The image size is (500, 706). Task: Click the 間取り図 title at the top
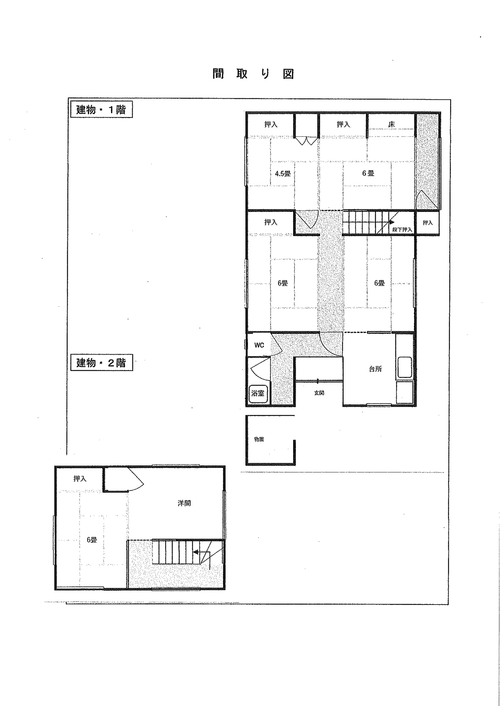pyautogui.click(x=253, y=74)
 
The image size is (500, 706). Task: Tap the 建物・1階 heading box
pyautogui.click(x=101, y=110)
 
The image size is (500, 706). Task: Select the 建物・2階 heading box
pyautogui.click(x=101, y=363)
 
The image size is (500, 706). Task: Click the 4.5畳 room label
pyautogui.click(x=283, y=174)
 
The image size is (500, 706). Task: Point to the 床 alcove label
pyautogui.click(x=391, y=125)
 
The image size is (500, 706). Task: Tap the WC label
pyautogui.click(x=259, y=345)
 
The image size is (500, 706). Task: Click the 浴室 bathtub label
pyautogui.click(x=258, y=393)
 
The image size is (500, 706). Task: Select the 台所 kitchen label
pyautogui.click(x=375, y=369)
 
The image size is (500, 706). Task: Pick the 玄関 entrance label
pyautogui.click(x=319, y=393)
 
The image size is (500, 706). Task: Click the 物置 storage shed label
pyautogui.click(x=259, y=439)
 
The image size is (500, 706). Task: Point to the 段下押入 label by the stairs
pyautogui.click(x=402, y=229)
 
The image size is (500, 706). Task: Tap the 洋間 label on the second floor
pyautogui.click(x=184, y=503)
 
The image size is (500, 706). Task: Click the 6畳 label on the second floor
pyautogui.click(x=92, y=540)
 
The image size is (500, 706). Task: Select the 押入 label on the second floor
pyautogui.click(x=80, y=479)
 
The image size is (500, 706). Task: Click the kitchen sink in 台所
pyautogui.click(x=405, y=367)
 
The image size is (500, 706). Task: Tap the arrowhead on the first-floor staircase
pyautogui.click(x=392, y=222)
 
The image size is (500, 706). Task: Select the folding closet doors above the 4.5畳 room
pyautogui.click(x=306, y=140)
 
